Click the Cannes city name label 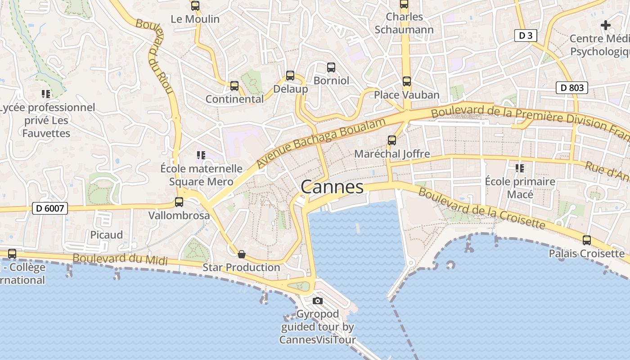coord(332,187)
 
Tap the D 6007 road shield coord(50,208)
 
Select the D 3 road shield coord(526,36)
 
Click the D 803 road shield coord(572,88)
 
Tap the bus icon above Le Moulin coord(195,6)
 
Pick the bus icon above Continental coord(234,86)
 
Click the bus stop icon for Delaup coord(290,76)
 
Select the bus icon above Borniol coord(331,67)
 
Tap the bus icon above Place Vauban coord(407,81)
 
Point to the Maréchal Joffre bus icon coord(392,140)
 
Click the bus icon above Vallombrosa coord(179,202)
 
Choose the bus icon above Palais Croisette coord(587,240)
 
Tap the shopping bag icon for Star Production coord(242,254)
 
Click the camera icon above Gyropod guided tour coord(318,301)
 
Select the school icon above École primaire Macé coord(520,168)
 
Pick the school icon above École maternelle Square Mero coord(201,155)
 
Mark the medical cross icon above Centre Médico coord(606,25)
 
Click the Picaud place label coord(107,235)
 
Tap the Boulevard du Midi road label coord(120,260)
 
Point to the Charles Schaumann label coord(404,23)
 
